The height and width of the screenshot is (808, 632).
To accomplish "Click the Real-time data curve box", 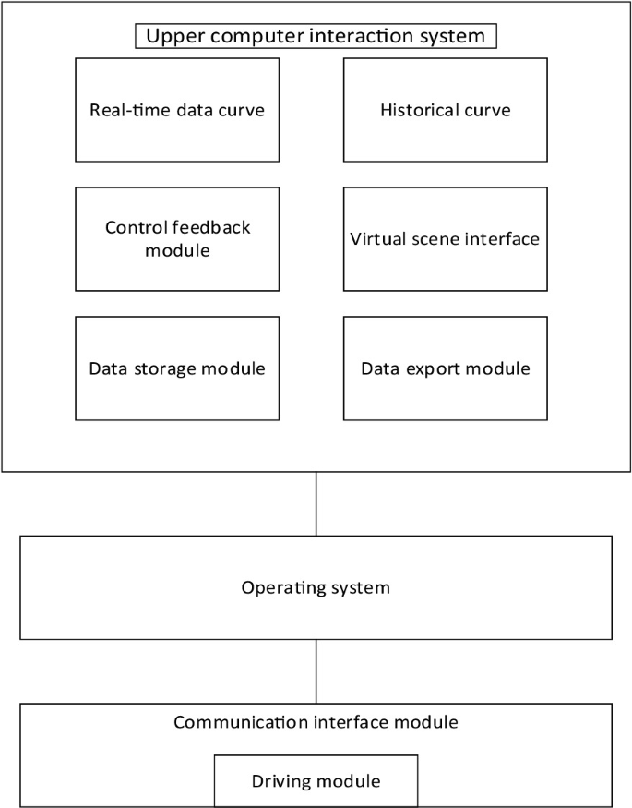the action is pyautogui.click(x=177, y=110).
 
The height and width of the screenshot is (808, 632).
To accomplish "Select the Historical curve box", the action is pyautogui.click(x=446, y=110).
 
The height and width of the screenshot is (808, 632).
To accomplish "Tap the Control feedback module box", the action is pyautogui.click(x=177, y=239).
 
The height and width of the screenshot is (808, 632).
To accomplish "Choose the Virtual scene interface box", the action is pyautogui.click(x=446, y=239).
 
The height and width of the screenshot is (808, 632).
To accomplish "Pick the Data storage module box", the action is pyautogui.click(x=177, y=368).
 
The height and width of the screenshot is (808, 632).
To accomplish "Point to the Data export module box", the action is pyautogui.click(x=446, y=368).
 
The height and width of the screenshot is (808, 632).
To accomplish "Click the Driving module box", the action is pyautogui.click(x=316, y=781).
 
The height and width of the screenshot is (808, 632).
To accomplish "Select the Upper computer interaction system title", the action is pyautogui.click(x=316, y=36).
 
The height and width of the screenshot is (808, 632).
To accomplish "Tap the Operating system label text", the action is pyautogui.click(x=316, y=588).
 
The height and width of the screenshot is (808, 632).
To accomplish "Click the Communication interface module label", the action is pyautogui.click(x=316, y=722).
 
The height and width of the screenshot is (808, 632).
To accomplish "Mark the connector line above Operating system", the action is pyautogui.click(x=316, y=504).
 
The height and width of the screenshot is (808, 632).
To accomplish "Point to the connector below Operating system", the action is pyautogui.click(x=316, y=671).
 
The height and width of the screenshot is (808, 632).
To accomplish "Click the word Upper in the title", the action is pyautogui.click(x=173, y=37).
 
